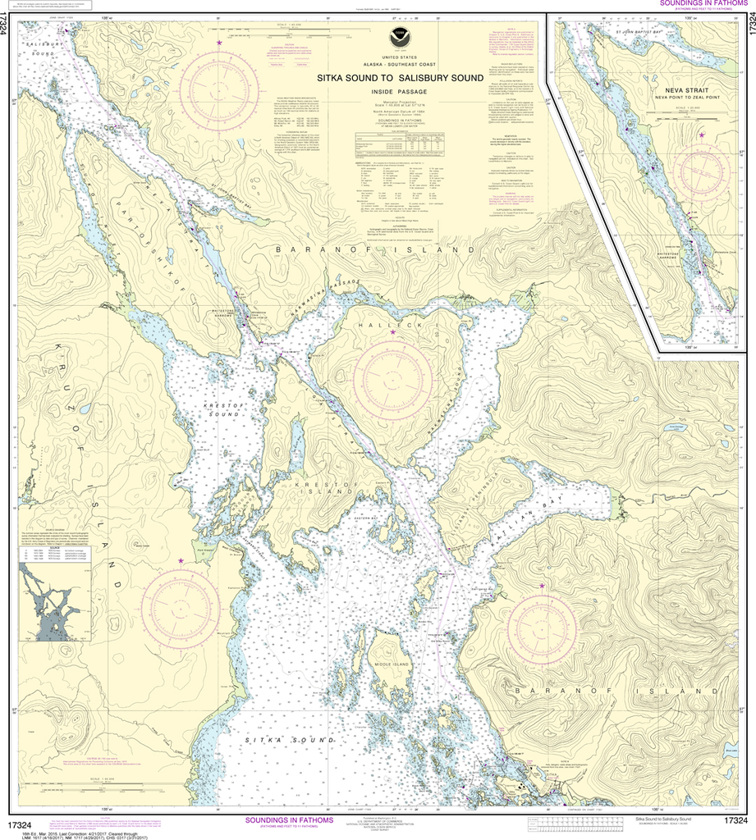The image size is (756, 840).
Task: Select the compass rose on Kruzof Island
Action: pos(180,607)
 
